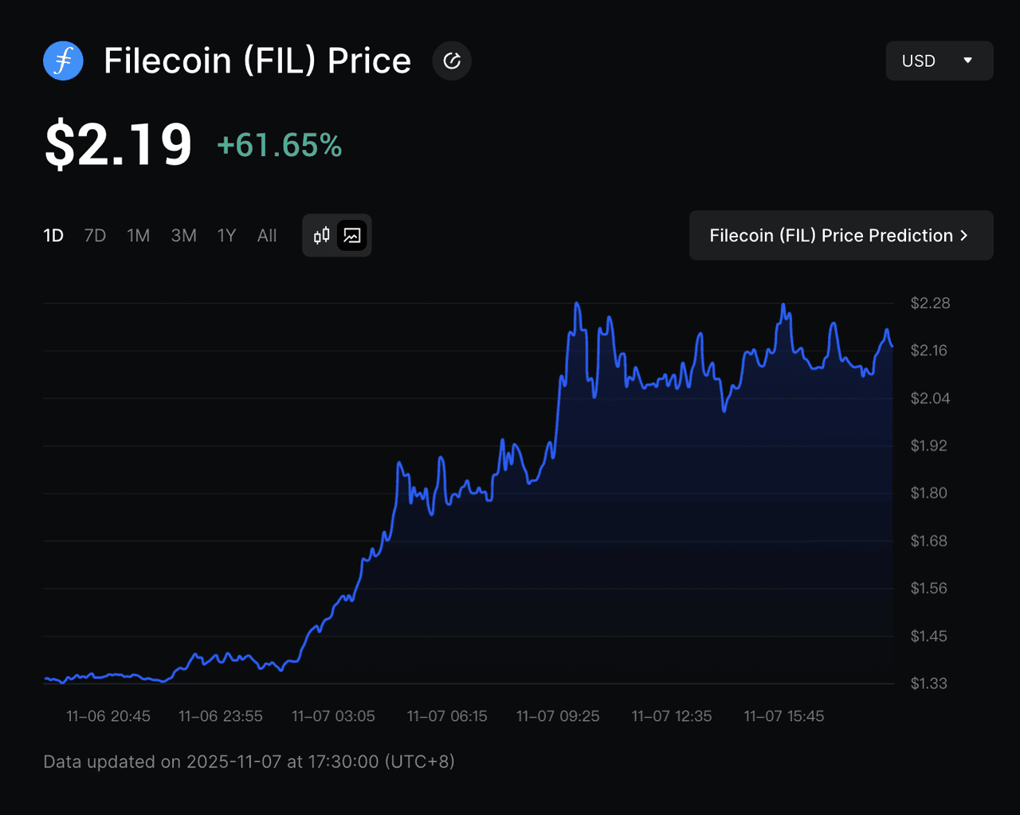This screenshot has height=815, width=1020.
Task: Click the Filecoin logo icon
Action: pyautogui.click(x=63, y=61)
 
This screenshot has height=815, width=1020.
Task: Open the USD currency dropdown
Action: pyautogui.click(x=939, y=61)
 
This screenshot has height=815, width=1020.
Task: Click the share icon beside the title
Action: pyautogui.click(x=452, y=61)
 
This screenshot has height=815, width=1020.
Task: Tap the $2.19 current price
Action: pyautogui.click(x=118, y=145)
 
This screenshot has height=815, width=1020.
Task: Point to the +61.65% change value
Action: pyautogui.click(x=279, y=146)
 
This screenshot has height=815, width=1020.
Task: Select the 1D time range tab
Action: pyautogui.click(x=53, y=236)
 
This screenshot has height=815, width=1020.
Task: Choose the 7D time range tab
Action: pyautogui.click(x=95, y=236)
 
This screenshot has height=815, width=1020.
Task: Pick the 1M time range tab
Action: pyautogui.click(x=138, y=236)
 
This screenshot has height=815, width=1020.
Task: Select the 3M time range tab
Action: pyautogui.click(x=183, y=236)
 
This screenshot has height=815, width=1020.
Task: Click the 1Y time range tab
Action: pyautogui.click(x=226, y=236)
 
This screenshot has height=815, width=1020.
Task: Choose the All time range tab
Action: pyautogui.click(x=267, y=236)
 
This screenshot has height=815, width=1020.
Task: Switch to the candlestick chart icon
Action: pyautogui.click(x=322, y=236)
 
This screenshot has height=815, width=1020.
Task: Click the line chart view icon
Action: pyautogui.click(x=352, y=236)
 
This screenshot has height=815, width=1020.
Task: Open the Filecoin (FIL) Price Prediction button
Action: pyautogui.click(x=841, y=235)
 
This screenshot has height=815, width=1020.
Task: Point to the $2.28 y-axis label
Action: pyautogui.click(x=930, y=303)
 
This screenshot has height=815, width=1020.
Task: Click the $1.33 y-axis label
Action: pyautogui.click(x=929, y=684)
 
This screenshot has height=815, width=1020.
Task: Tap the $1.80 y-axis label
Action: pyautogui.click(x=929, y=493)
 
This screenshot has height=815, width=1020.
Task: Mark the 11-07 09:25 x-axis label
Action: pyautogui.click(x=558, y=716)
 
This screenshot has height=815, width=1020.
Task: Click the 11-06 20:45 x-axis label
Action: pyautogui.click(x=108, y=716)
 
